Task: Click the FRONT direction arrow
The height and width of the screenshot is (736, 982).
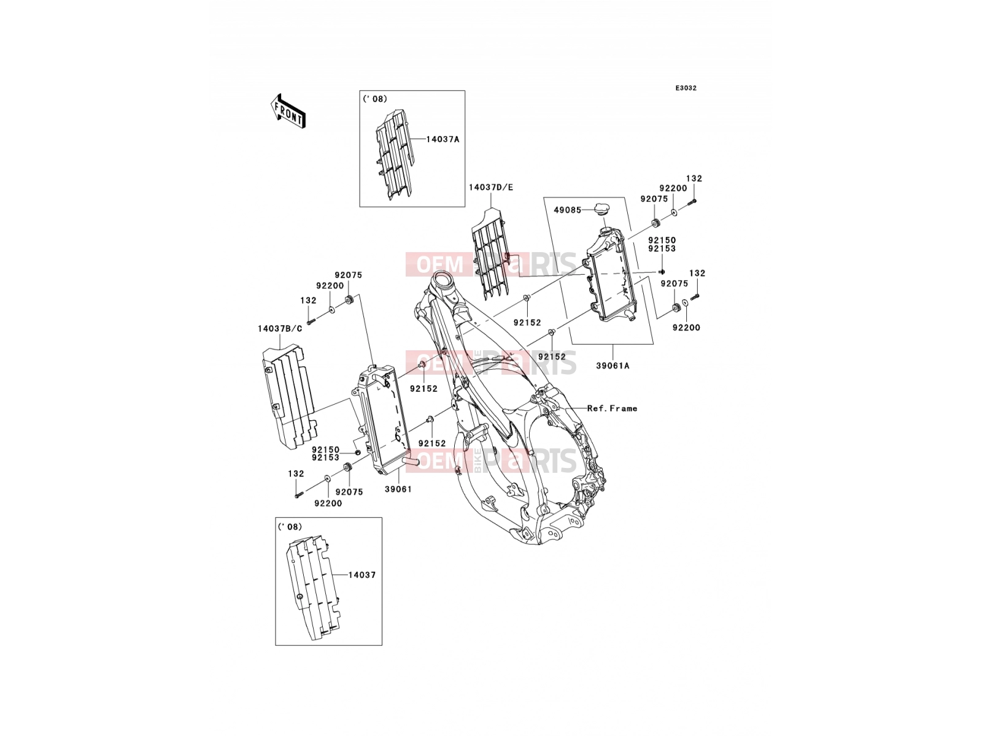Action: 288,111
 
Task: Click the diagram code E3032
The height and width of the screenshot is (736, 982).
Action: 686,88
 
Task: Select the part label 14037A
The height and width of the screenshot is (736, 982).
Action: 443,139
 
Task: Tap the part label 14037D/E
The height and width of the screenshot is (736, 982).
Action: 491,187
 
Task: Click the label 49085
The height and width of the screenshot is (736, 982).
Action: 567,210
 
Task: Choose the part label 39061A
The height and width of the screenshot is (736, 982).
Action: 613,366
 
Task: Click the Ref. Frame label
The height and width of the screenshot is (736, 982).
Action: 612,408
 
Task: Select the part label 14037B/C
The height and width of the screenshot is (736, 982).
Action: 280,329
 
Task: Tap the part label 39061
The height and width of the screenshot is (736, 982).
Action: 398,489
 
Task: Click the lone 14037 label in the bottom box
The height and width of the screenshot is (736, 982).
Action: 362,575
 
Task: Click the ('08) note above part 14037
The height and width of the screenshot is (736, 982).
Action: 290,526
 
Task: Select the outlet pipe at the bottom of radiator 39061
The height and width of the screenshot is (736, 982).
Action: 411,461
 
